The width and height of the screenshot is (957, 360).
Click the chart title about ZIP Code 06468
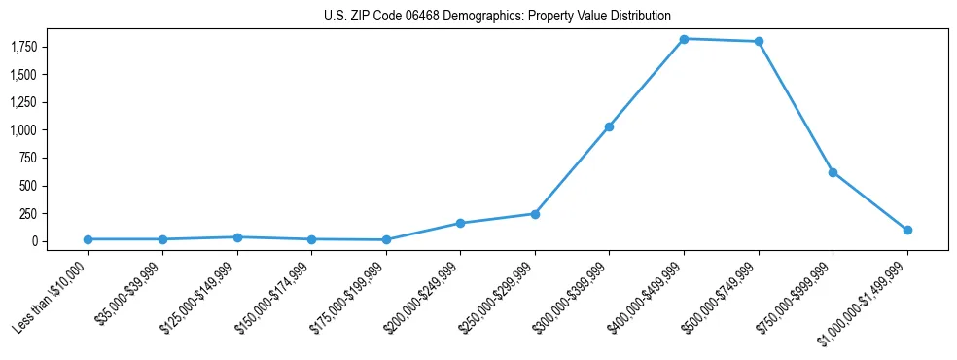(x=497, y=17)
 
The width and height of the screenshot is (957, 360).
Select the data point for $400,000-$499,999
(x=684, y=39)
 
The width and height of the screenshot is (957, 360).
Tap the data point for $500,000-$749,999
(x=759, y=42)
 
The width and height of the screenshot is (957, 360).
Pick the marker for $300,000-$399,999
(x=609, y=126)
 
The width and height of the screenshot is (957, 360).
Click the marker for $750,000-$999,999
(x=833, y=172)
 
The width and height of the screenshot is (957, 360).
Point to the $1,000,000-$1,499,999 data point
(x=907, y=230)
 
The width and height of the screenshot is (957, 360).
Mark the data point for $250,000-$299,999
(x=535, y=213)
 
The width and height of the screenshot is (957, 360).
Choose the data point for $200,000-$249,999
(x=460, y=223)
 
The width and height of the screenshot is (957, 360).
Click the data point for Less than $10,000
(x=88, y=239)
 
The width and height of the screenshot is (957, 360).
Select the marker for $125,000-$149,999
(x=237, y=237)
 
